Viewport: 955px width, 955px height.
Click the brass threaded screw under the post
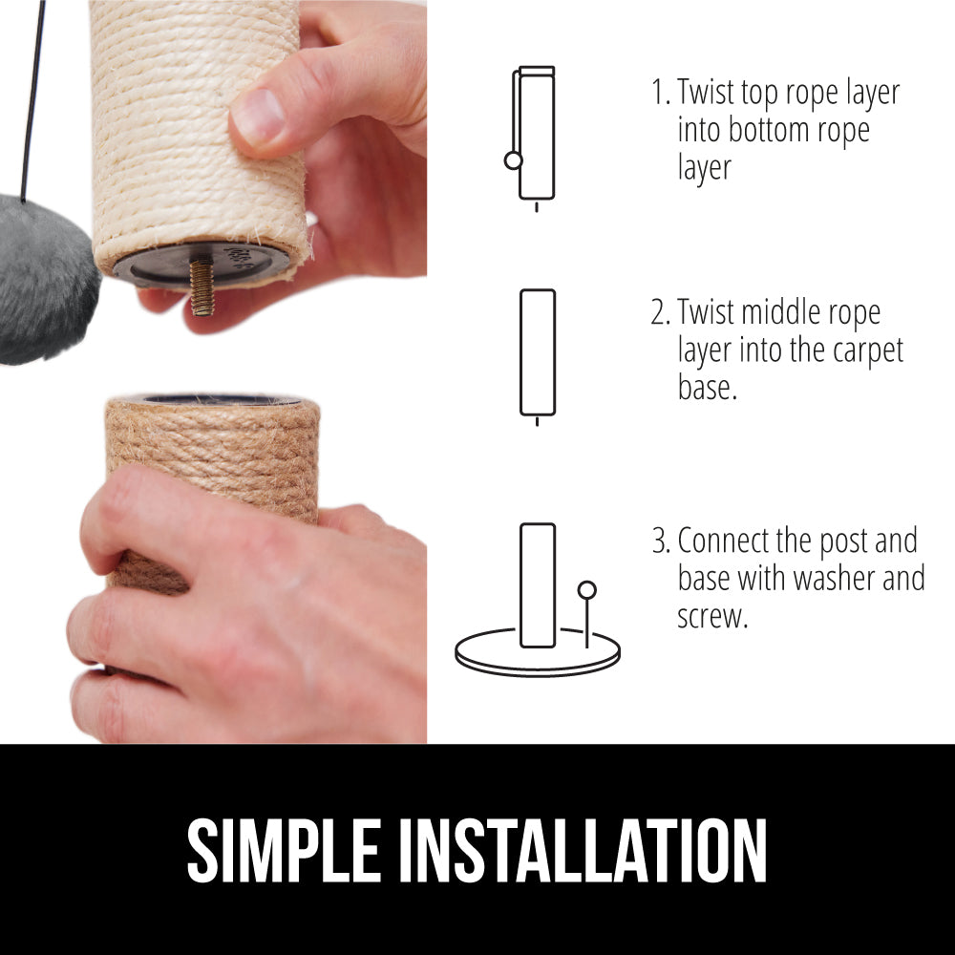201,286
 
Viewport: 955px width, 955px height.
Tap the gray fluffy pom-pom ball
46,280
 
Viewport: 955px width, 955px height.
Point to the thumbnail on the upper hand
258,117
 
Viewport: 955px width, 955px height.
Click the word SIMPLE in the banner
285,851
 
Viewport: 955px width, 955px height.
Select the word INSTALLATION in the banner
583,851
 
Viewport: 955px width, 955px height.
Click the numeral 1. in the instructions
660,92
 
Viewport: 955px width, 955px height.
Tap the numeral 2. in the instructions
660,312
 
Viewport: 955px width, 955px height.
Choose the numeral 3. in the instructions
661,541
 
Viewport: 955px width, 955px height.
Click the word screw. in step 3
712,617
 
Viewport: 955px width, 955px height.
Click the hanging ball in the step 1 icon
514,160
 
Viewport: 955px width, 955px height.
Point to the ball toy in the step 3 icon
587,590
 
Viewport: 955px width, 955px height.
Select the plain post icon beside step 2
538,352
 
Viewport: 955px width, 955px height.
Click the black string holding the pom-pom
32,101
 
